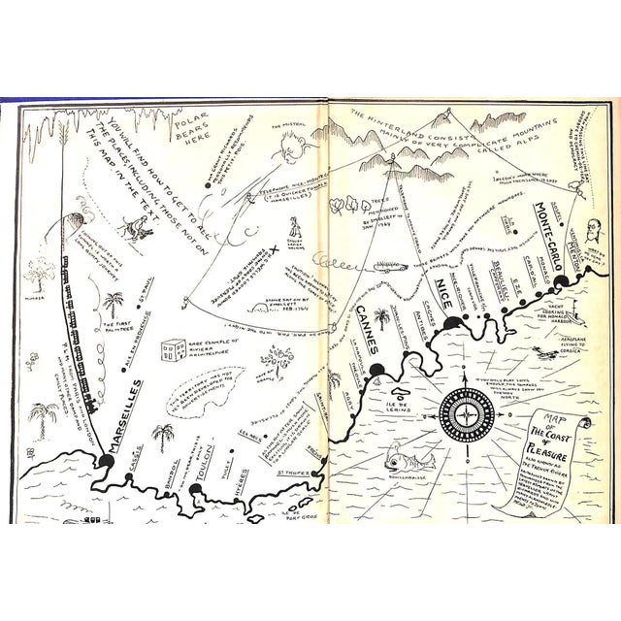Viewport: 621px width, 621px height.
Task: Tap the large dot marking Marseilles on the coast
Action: (x=102, y=459)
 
